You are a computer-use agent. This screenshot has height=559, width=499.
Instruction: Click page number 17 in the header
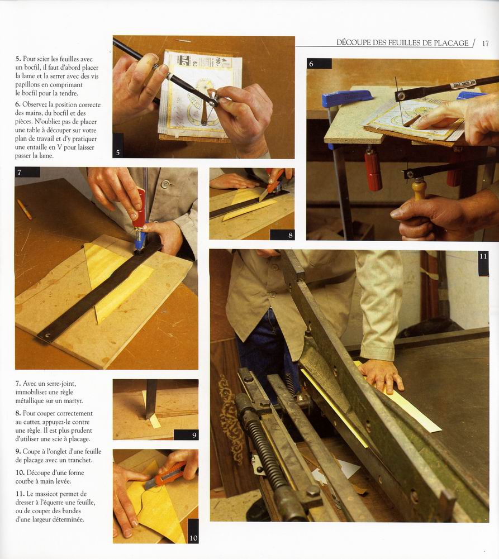485,44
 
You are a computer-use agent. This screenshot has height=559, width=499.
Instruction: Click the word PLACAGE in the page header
451,43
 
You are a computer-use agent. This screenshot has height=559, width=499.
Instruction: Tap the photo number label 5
118,152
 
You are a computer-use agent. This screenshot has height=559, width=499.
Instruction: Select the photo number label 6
311,64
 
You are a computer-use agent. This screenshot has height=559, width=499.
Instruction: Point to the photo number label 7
19,173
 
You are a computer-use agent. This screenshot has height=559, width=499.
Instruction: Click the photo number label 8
291,235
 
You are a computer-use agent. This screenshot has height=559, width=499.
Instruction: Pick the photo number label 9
194,435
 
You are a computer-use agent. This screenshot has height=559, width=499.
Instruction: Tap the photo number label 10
193,538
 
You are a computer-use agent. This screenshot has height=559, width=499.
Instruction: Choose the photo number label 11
483,256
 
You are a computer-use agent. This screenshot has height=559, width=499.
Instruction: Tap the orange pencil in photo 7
25,209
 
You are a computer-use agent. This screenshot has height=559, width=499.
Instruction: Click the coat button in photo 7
165,184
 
